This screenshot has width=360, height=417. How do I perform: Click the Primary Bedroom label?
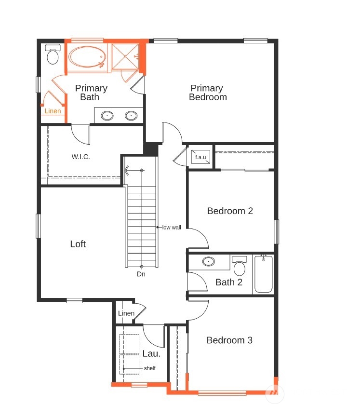(x=208, y=93)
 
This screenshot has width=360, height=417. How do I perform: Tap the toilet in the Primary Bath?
(x=53, y=54)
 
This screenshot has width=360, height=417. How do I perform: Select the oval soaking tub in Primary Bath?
(x=87, y=57)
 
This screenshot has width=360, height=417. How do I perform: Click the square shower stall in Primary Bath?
(x=125, y=56)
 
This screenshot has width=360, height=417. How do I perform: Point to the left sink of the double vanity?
(x=107, y=116)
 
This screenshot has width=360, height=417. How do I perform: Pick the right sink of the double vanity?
(x=131, y=116)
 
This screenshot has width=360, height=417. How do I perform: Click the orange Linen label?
(x=53, y=111)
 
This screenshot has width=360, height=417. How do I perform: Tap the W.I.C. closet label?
(x=80, y=157)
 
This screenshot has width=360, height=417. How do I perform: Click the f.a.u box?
(x=200, y=157)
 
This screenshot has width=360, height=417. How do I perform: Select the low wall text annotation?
(x=172, y=228)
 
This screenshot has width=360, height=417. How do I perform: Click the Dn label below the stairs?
(x=141, y=274)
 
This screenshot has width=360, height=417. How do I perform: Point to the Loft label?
(x=78, y=244)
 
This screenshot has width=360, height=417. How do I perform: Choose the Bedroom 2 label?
(x=230, y=211)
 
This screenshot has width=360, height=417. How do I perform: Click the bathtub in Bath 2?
(x=263, y=274)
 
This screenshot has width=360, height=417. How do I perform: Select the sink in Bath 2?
(x=209, y=261)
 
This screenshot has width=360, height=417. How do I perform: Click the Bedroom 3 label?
(x=229, y=340)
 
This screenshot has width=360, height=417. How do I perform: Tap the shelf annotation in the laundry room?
(x=150, y=368)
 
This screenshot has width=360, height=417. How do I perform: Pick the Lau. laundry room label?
(x=151, y=353)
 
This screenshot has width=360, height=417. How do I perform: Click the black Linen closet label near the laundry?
(x=126, y=313)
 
